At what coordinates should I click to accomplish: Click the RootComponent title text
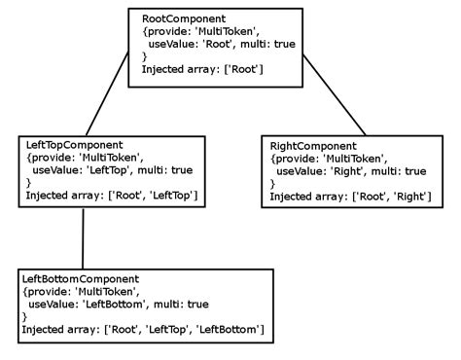tap(184, 18)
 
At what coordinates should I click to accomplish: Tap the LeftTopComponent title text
tap(74, 145)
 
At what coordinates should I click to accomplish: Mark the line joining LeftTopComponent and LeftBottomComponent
tap(83, 238)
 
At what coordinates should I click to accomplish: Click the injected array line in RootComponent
tap(202, 70)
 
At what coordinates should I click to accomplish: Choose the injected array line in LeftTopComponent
tap(112, 196)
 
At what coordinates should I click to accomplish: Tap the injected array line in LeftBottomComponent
tap(142, 330)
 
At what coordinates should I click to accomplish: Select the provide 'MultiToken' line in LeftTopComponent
tap(86, 158)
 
